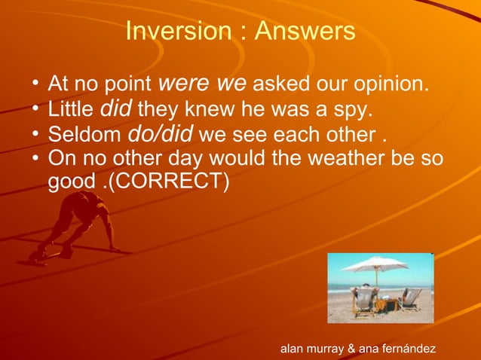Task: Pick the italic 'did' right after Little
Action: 116,110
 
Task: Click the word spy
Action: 354,111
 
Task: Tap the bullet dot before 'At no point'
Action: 35,82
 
